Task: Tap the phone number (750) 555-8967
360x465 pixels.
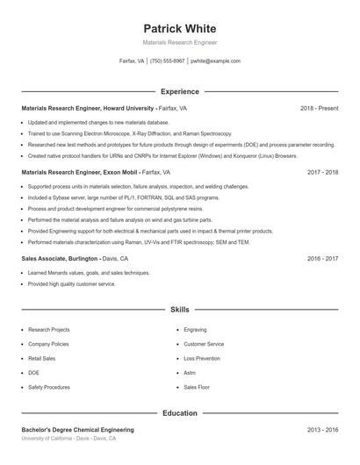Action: (x=167, y=61)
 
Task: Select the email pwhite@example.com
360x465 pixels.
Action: (x=215, y=61)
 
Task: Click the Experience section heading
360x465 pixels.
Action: (x=179, y=91)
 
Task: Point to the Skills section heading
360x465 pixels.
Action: (x=179, y=310)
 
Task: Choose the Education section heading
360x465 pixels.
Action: (x=179, y=412)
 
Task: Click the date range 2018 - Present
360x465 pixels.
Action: (x=319, y=108)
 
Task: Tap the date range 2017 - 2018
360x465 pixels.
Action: (x=322, y=173)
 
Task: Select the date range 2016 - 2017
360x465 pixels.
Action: (x=322, y=259)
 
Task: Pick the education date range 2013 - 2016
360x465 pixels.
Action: (x=322, y=430)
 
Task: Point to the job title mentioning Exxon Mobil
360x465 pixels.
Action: (x=96, y=173)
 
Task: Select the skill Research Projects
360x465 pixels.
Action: (x=48, y=330)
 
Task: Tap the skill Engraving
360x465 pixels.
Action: (x=195, y=330)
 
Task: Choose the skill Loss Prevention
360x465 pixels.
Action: (x=202, y=358)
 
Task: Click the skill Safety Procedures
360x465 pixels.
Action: (x=49, y=387)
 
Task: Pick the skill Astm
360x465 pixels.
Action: (x=190, y=373)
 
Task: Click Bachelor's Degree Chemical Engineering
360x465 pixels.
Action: (x=78, y=430)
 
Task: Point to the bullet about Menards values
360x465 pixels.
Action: (x=89, y=273)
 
